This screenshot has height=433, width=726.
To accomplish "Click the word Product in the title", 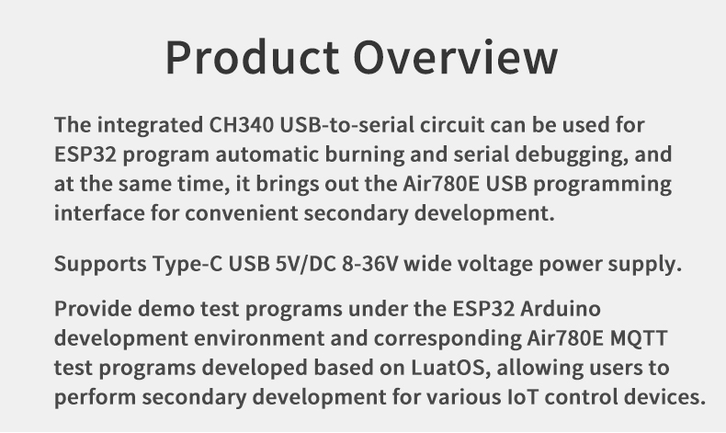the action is click(x=253, y=57).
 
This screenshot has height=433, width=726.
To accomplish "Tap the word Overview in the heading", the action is click(x=456, y=57).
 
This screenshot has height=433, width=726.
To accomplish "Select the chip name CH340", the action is click(x=242, y=125).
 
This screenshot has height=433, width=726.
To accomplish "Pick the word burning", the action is click(x=365, y=155).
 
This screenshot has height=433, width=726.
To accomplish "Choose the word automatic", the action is click(x=267, y=154).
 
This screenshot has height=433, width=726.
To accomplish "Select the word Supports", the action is click(x=100, y=265).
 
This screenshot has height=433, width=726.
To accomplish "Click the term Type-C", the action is click(x=187, y=265).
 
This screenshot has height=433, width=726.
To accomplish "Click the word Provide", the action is click(x=93, y=308).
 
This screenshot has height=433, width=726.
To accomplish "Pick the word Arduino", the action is click(x=561, y=308).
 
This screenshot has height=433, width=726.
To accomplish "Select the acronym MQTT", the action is click(x=639, y=338).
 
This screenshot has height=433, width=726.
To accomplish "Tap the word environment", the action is click(x=259, y=338).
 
